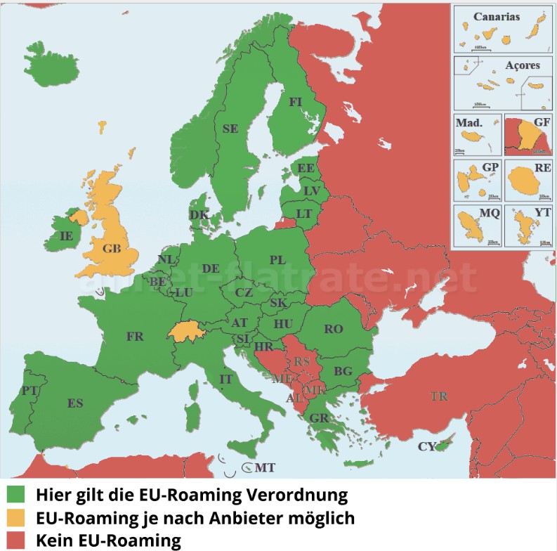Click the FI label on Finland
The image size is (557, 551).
tap(296, 102)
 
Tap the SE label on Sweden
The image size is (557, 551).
tap(230, 129)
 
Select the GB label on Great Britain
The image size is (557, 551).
tap(111, 249)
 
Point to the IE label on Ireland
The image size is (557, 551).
tap(67, 237)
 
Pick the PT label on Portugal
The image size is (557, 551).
tap(29, 390)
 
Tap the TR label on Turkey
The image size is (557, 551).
tap(439, 397)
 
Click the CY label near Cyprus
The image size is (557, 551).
tap(426, 446)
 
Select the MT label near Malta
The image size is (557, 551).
tap(265, 467)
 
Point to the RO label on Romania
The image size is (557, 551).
tap(334, 329)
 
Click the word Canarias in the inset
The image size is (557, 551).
tap(497, 16)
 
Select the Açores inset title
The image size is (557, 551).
tap(523, 65)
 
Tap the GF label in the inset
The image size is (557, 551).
tap(542, 122)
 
